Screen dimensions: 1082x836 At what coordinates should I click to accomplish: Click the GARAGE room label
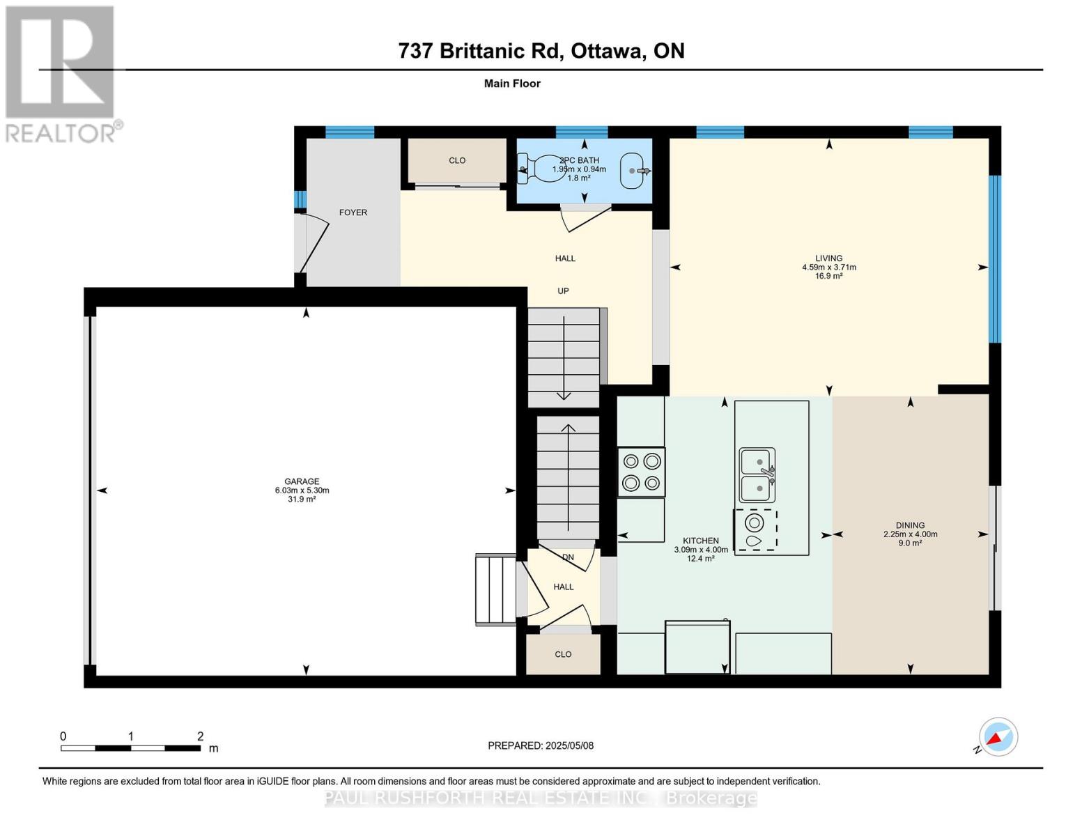click(x=302, y=481)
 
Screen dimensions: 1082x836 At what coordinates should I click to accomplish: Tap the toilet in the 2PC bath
click(x=540, y=169)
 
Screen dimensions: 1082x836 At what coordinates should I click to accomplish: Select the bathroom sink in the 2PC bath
click(x=634, y=170)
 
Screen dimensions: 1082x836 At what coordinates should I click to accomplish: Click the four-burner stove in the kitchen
click(x=642, y=472)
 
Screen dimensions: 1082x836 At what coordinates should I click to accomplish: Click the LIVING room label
click(x=829, y=258)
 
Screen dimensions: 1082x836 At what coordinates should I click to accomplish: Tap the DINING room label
click(x=910, y=525)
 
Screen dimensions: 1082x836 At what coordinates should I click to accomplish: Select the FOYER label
click(x=353, y=212)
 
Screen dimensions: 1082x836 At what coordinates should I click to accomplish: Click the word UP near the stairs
click(x=563, y=291)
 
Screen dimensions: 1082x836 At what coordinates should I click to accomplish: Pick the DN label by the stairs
click(x=568, y=557)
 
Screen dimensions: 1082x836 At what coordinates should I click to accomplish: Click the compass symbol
click(x=998, y=737)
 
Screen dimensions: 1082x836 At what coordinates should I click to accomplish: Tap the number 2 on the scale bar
click(x=200, y=736)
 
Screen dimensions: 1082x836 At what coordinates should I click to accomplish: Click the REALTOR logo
click(x=62, y=75)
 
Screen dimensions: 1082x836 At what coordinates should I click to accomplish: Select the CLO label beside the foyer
click(x=457, y=160)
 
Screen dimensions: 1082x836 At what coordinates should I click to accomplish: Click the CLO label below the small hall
click(x=563, y=654)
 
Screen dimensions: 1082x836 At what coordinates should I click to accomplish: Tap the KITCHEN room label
click(x=701, y=541)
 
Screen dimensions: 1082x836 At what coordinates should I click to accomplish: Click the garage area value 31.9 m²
click(x=302, y=499)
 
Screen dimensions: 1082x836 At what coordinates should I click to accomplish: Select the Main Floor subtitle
click(x=512, y=84)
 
